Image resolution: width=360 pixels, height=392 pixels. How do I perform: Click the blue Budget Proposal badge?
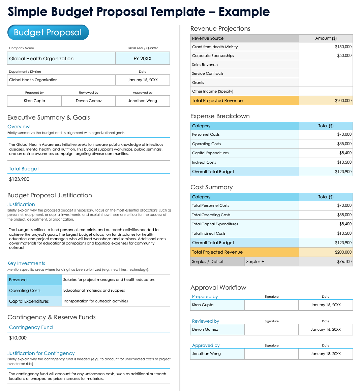point(48,32)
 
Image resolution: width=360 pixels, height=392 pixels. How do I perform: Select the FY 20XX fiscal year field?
point(143,59)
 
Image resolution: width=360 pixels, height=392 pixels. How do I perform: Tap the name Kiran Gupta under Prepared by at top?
point(34,101)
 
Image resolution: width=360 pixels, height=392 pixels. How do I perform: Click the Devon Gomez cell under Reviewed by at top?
point(89,101)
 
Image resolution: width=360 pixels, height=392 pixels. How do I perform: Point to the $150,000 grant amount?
point(343,47)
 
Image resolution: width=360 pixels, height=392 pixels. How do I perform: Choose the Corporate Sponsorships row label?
point(213,56)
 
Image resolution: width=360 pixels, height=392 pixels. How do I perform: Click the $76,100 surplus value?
point(344,261)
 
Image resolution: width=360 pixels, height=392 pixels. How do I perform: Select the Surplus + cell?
point(255,261)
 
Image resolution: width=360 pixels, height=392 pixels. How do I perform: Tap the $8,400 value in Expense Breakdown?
point(345,153)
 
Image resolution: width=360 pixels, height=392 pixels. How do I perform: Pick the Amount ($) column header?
point(326,38)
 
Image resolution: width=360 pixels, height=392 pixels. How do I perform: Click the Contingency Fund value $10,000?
point(18,338)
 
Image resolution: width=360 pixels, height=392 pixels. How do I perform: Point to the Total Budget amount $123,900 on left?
point(19,179)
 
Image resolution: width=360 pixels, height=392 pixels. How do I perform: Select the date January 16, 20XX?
point(325,329)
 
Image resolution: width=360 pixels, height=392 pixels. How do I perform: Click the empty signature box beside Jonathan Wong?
point(271,354)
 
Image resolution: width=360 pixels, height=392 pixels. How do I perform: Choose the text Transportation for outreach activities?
point(95,301)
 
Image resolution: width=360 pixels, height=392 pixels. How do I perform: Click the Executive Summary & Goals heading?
point(49,118)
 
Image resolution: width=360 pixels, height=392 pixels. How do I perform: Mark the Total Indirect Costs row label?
point(209,233)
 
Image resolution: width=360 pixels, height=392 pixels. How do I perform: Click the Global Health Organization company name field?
point(41,59)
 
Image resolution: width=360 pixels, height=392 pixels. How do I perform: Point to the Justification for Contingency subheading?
point(41,353)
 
